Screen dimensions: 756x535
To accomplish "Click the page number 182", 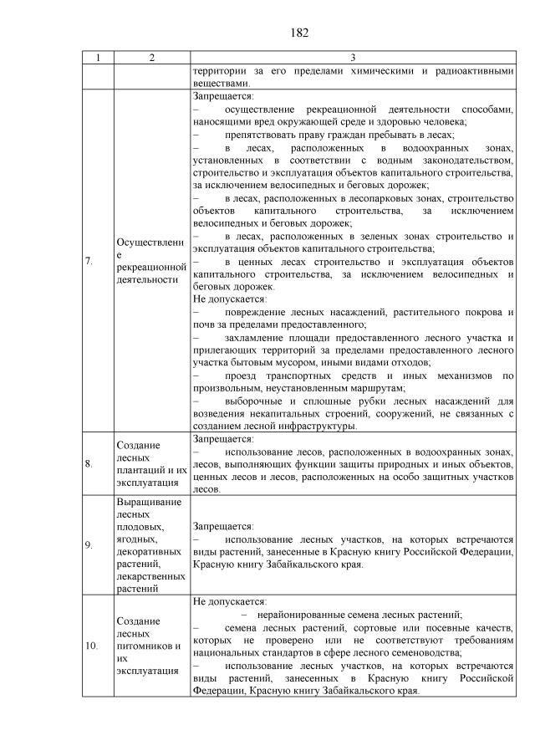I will pyautogui.click(x=300, y=33).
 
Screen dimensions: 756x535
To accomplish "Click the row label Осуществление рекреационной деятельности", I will pyautogui.click(x=150, y=261).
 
